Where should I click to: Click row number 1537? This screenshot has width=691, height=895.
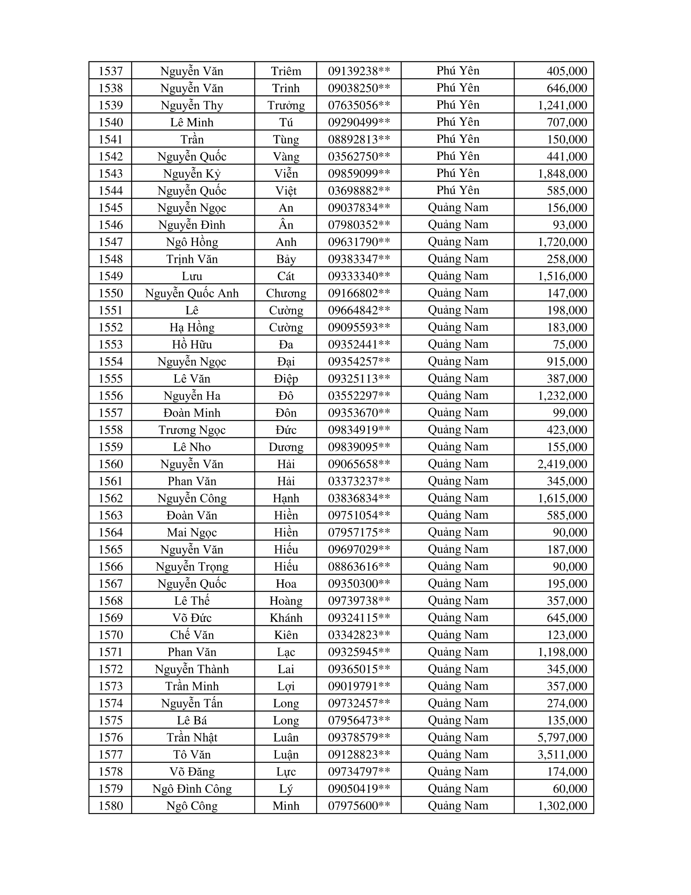pyautogui.click(x=111, y=71)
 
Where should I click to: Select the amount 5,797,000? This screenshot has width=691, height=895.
pyautogui.click(x=562, y=737)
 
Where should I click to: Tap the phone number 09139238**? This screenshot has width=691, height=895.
pyautogui.click(x=359, y=71)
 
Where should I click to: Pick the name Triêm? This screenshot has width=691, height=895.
pyautogui.click(x=286, y=71)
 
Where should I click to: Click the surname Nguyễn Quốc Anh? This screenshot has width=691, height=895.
pyautogui.click(x=191, y=293)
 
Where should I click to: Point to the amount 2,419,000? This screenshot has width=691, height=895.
pyautogui.click(x=562, y=464)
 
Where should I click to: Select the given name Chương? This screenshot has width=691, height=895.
pyautogui.click(x=286, y=293)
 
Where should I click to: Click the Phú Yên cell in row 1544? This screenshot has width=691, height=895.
pyautogui.click(x=458, y=190)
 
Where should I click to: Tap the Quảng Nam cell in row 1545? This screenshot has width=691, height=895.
pyautogui.click(x=458, y=208)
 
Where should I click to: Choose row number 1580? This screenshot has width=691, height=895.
pyautogui.click(x=111, y=805)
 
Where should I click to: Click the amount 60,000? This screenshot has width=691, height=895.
pyautogui.click(x=570, y=788)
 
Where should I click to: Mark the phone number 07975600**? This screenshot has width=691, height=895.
pyautogui.click(x=359, y=805)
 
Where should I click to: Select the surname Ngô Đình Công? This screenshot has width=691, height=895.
pyautogui.click(x=191, y=788)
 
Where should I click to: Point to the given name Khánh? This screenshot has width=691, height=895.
pyautogui.click(x=286, y=618)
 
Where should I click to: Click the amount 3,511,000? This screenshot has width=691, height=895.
pyautogui.click(x=562, y=754)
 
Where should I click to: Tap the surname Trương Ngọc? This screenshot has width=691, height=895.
pyautogui.click(x=191, y=430)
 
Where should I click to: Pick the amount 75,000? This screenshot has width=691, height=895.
pyautogui.click(x=570, y=345)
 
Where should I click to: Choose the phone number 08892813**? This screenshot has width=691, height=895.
pyautogui.click(x=359, y=139)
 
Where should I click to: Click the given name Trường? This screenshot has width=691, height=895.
pyautogui.click(x=286, y=105)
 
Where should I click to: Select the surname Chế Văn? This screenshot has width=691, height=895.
pyautogui.click(x=191, y=635)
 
